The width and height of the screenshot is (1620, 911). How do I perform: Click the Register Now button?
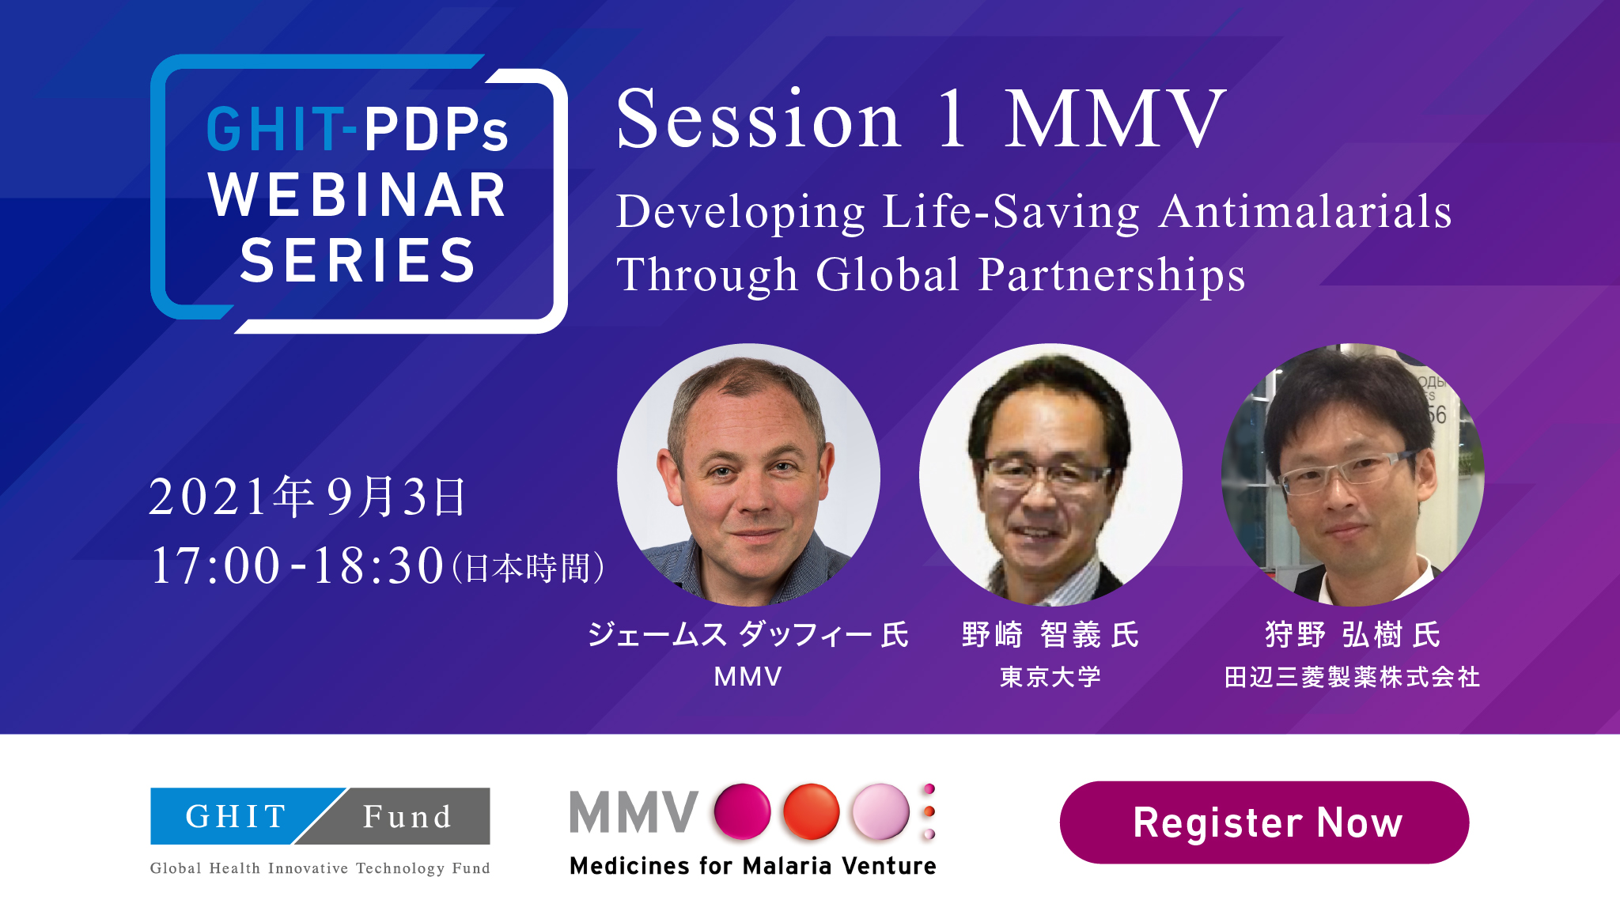(x=1264, y=822)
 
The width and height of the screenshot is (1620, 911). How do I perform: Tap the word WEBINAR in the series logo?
(x=357, y=195)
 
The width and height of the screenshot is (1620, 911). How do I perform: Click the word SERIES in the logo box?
(x=358, y=260)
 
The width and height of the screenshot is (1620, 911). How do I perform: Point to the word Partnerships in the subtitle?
(x=1111, y=275)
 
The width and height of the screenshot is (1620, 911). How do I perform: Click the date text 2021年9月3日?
(x=308, y=497)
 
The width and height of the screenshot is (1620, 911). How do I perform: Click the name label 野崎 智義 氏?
(x=1050, y=635)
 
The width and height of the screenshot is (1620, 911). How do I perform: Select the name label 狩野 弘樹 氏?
(x=1353, y=635)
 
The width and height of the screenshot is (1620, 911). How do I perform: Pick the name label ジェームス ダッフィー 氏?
(x=748, y=635)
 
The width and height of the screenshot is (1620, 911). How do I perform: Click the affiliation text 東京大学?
(x=1050, y=677)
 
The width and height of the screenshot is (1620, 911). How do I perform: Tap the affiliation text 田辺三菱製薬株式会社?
(x=1353, y=677)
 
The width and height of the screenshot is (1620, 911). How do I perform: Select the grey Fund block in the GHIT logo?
(x=403, y=816)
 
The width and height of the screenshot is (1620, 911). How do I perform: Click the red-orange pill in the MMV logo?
(x=812, y=811)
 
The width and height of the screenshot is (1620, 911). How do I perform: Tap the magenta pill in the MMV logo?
(x=742, y=811)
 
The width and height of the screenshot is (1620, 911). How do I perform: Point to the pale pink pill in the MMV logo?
(x=880, y=811)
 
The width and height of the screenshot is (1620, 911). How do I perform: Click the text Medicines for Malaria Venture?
(x=753, y=866)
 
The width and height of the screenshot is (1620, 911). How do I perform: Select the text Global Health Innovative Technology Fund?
(x=320, y=868)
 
